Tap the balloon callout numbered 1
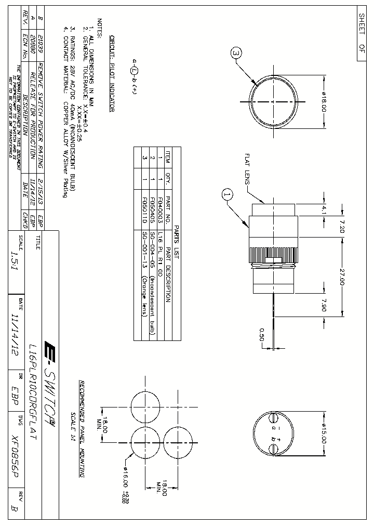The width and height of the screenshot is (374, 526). [x=227, y=195]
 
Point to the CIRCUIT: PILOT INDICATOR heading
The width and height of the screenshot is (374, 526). [x=111, y=74]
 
